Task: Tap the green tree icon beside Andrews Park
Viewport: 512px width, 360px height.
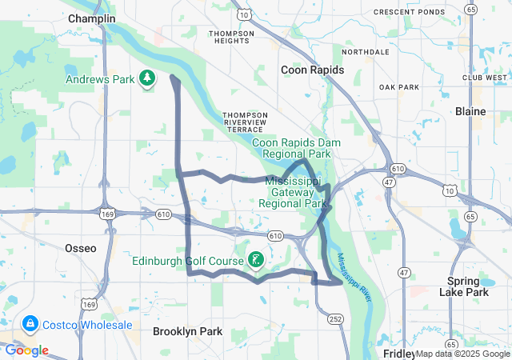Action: point(146,78)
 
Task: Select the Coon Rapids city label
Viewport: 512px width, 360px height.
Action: point(312,70)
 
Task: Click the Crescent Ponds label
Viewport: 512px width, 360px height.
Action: point(409,12)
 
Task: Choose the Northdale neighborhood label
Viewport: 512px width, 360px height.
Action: point(365,52)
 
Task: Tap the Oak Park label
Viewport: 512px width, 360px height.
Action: point(398,86)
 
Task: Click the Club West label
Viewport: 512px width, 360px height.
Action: point(484,78)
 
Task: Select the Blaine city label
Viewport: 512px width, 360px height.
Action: point(470,111)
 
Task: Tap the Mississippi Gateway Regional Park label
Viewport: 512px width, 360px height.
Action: point(297,192)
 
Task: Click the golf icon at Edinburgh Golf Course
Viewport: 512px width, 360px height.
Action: point(255,259)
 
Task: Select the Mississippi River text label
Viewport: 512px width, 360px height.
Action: point(355,278)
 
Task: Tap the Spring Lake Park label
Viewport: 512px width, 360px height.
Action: point(469,286)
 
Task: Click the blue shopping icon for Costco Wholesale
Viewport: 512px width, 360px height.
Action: point(30,324)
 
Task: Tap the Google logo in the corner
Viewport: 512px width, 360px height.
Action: point(26,350)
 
